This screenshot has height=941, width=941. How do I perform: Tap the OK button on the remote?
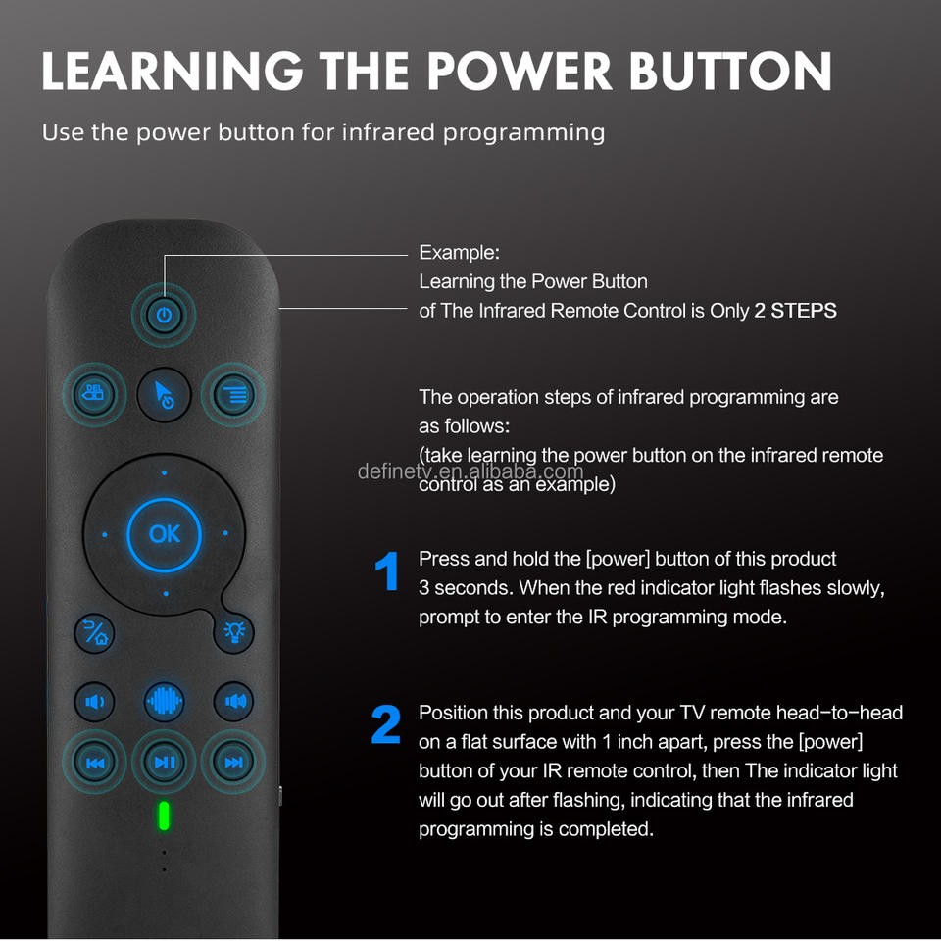[x=165, y=534]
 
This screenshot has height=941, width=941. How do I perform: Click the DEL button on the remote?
[x=94, y=394]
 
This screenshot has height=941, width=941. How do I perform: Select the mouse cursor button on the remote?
[x=164, y=394]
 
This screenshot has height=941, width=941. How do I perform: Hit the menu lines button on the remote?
[x=233, y=394]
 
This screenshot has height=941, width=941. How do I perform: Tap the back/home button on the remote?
[x=94, y=633]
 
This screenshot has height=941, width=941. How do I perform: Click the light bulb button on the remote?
[x=234, y=632]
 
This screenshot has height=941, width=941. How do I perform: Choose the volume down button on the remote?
[x=94, y=701]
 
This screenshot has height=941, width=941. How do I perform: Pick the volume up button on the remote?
[x=234, y=701]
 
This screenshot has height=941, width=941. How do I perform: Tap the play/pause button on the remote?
[x=164, y=763]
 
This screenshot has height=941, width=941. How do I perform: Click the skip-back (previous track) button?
[x=94, y=763]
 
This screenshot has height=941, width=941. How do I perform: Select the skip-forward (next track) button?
[x=233, y=763]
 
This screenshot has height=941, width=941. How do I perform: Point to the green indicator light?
[x=164, y=816]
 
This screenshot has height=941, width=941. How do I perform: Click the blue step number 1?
[x=387, y=570]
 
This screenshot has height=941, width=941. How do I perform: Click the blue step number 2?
[x=386, y=724]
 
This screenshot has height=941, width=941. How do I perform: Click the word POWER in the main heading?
[x=520, y=71]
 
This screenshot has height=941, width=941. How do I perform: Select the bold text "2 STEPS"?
[x=795, y=311]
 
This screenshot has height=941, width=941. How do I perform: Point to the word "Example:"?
[x=459, y=253]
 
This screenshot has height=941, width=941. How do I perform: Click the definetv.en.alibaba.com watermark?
[x=470, y=471]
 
